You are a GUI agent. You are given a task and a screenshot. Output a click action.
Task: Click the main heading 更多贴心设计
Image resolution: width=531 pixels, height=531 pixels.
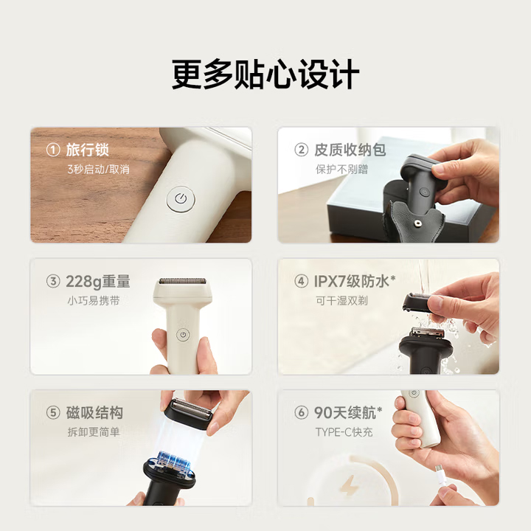coord(265,74)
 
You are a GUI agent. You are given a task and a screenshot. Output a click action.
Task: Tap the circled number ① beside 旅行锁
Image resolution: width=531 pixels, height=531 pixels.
coord(53,150)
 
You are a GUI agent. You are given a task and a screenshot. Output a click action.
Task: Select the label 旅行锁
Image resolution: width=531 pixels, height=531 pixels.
coord(87,150)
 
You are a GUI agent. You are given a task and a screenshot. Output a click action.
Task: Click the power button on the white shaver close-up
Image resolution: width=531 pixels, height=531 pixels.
coord(181,199)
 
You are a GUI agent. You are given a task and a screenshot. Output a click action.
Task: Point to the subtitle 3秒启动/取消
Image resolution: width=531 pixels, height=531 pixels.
coord(98,169)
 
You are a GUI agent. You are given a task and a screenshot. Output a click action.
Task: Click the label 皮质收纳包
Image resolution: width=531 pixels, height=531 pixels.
coord(350,150)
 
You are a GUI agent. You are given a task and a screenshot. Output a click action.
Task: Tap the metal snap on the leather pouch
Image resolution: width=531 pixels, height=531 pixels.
coord(417,223)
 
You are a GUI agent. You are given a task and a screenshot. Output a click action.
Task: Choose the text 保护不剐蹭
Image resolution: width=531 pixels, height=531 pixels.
coord(341,169)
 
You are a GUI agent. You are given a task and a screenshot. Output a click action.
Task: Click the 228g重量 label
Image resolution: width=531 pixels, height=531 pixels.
coord(98,282)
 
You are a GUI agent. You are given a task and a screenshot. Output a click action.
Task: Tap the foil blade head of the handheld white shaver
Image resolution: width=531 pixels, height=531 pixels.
coord(182,281)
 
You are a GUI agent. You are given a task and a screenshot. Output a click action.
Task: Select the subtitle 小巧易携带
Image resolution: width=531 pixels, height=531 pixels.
coord(94,300)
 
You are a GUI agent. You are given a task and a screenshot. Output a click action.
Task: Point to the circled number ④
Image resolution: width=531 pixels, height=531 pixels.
coord(302,282)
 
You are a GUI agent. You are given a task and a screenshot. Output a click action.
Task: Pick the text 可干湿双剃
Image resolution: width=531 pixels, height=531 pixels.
coord(341,300)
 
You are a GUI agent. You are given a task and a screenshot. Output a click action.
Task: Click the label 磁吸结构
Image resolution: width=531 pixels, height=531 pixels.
coord(94,413)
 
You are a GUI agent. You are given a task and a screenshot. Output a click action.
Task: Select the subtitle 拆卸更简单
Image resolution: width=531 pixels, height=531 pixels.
coord(94,431)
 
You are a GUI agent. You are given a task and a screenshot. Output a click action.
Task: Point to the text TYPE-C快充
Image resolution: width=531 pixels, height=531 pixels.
coord(344,431)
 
